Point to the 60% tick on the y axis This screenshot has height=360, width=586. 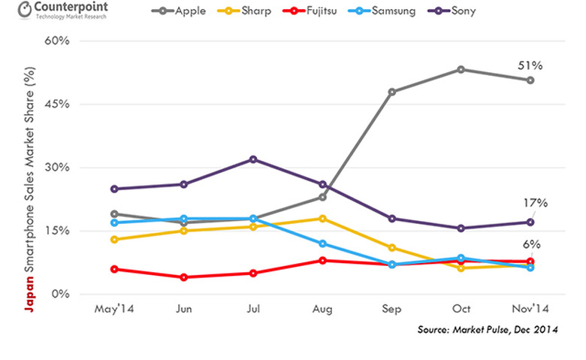pos(57,41)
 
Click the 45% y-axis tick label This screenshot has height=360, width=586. pos(57,104)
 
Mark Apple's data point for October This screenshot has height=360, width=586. pos(461,69)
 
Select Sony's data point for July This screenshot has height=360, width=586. pos(253,159)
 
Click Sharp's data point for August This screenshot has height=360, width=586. pos(322,219)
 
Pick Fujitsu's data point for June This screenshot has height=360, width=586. pos(183,277)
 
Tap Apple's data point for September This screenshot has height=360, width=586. pos(392,92)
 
